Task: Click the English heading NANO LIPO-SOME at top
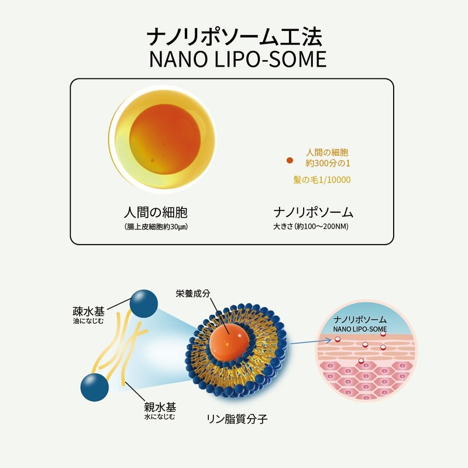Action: [234, 60]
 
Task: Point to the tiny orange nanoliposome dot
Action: [289, 160]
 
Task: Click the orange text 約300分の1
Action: [328, 161]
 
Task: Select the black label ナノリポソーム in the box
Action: [314, 212]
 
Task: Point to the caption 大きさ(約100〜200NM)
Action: [314, 226]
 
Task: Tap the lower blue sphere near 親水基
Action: [94, 387]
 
